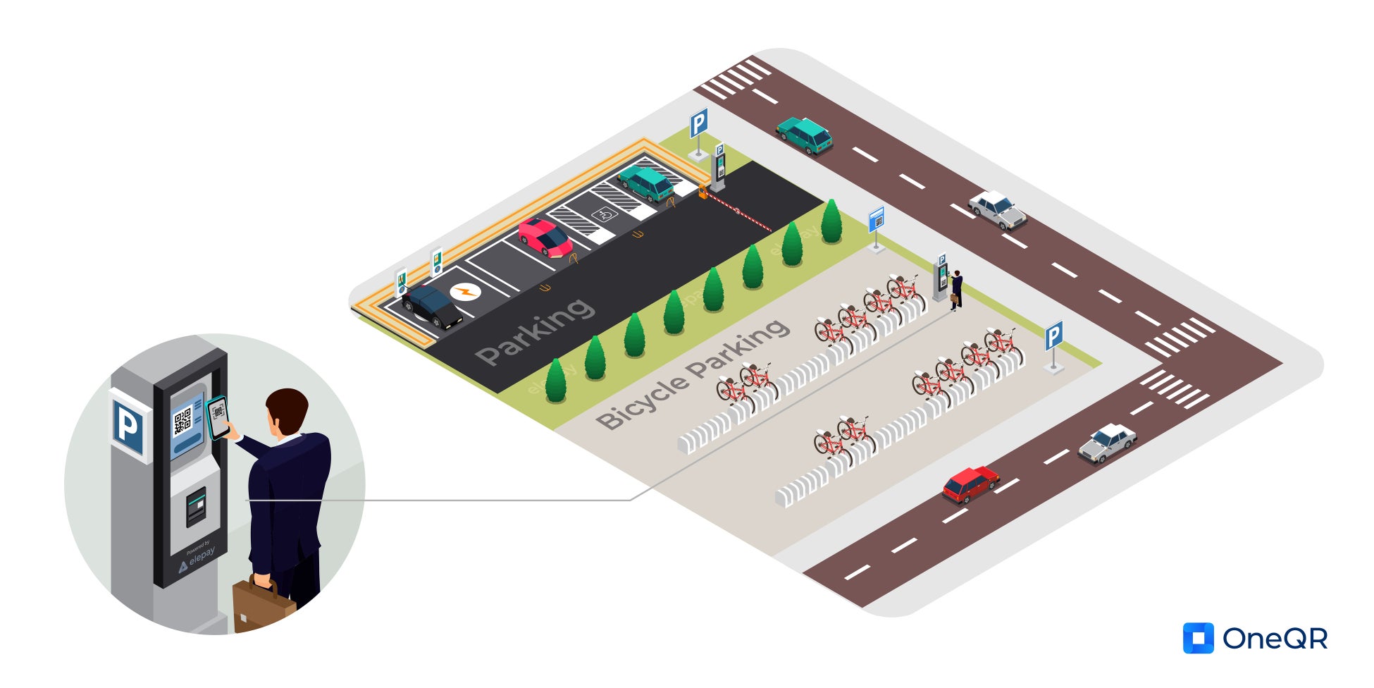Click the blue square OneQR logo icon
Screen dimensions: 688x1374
tap(1198, 638)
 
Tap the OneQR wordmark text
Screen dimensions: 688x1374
tap(1275, 639)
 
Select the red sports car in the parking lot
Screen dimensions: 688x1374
tap(545, 238)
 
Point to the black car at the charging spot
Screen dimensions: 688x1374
tap(431, 307)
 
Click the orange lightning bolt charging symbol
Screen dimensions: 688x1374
tap(465, 290)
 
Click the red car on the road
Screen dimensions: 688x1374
tap(970, 484)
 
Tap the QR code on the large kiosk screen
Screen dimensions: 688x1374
tap(182, 422)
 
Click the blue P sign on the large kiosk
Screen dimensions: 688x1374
tap(128, 426)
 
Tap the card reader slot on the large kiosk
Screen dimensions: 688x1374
tap(196, 506)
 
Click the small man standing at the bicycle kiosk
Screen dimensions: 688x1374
tap(956, 290)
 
